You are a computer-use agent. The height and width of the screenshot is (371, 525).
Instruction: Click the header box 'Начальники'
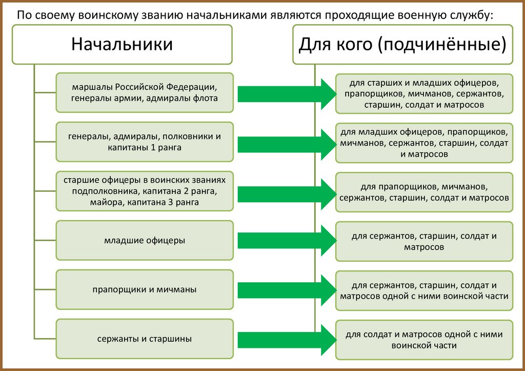point(122,44)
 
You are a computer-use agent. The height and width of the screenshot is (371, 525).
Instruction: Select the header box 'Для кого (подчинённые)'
point(402,44)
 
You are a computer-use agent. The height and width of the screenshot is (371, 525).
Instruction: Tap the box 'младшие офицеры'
point(144,240)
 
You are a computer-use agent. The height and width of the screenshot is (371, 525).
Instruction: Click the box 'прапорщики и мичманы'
point(144,289)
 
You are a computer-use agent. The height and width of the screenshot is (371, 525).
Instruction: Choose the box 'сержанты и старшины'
point(144,339)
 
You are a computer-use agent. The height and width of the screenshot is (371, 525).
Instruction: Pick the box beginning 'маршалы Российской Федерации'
point(144,92)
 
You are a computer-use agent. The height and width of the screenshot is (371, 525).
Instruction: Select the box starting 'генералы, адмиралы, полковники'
point(144,142)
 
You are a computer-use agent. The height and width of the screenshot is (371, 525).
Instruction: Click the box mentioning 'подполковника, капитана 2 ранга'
point(144,191)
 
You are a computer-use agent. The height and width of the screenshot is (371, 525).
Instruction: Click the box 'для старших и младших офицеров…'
point(424,93)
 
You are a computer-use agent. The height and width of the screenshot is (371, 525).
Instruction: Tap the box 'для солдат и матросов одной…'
point(424,340)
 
